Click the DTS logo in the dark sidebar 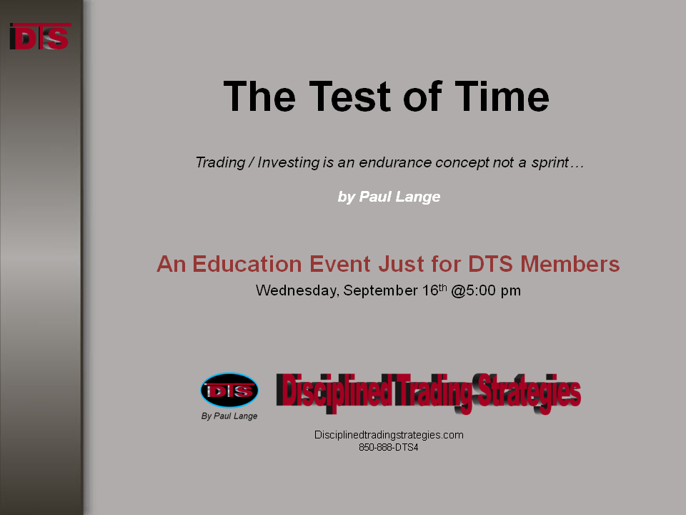point(40,36)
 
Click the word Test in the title point(349,97)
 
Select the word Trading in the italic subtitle point(220,162)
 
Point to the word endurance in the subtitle point(395,162)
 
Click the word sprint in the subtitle point(550,163)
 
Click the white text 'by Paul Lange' point(389,197)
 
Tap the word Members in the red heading point(570,264)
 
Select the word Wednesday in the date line point(297,290)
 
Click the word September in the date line point(381,291)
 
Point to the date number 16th point(434,290)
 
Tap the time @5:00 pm point(486,290)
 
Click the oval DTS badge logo point(229,391)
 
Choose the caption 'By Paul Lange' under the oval point(229,416)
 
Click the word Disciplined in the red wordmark point(334,391)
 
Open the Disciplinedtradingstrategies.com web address point(389,435)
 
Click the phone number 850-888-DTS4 point(389,448)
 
